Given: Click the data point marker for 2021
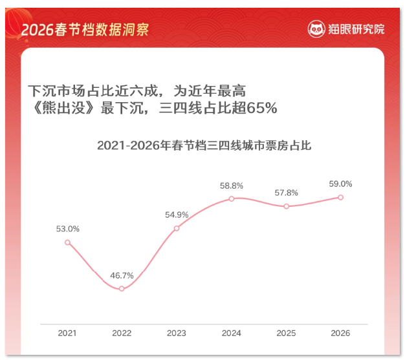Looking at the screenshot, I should coord(67,242).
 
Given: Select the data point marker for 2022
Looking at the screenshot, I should coord(122,288).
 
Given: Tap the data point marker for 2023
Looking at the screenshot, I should coord(177,228).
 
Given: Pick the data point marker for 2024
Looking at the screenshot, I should coord(231,198).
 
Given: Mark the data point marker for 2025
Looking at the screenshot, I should coord(286,206).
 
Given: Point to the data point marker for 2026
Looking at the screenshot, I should coord(340,197).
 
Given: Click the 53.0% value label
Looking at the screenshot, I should coord(67,228).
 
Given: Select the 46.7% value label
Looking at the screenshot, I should coord(122,275).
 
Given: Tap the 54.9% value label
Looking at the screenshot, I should coord(177,215).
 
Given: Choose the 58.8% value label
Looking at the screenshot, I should coord(231,185).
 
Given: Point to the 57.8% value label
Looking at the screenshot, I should coord(286,193).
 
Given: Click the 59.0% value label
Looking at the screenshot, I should coord(340,184).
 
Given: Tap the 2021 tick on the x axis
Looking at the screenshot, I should coord(67,333).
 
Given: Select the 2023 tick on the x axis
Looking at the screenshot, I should coord(177,333).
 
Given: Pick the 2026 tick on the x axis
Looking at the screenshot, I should coord(340,333).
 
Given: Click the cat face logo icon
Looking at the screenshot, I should coord(316,28).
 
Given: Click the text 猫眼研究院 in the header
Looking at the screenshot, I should coord(356,28).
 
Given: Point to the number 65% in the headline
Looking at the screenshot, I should coord(262,108).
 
